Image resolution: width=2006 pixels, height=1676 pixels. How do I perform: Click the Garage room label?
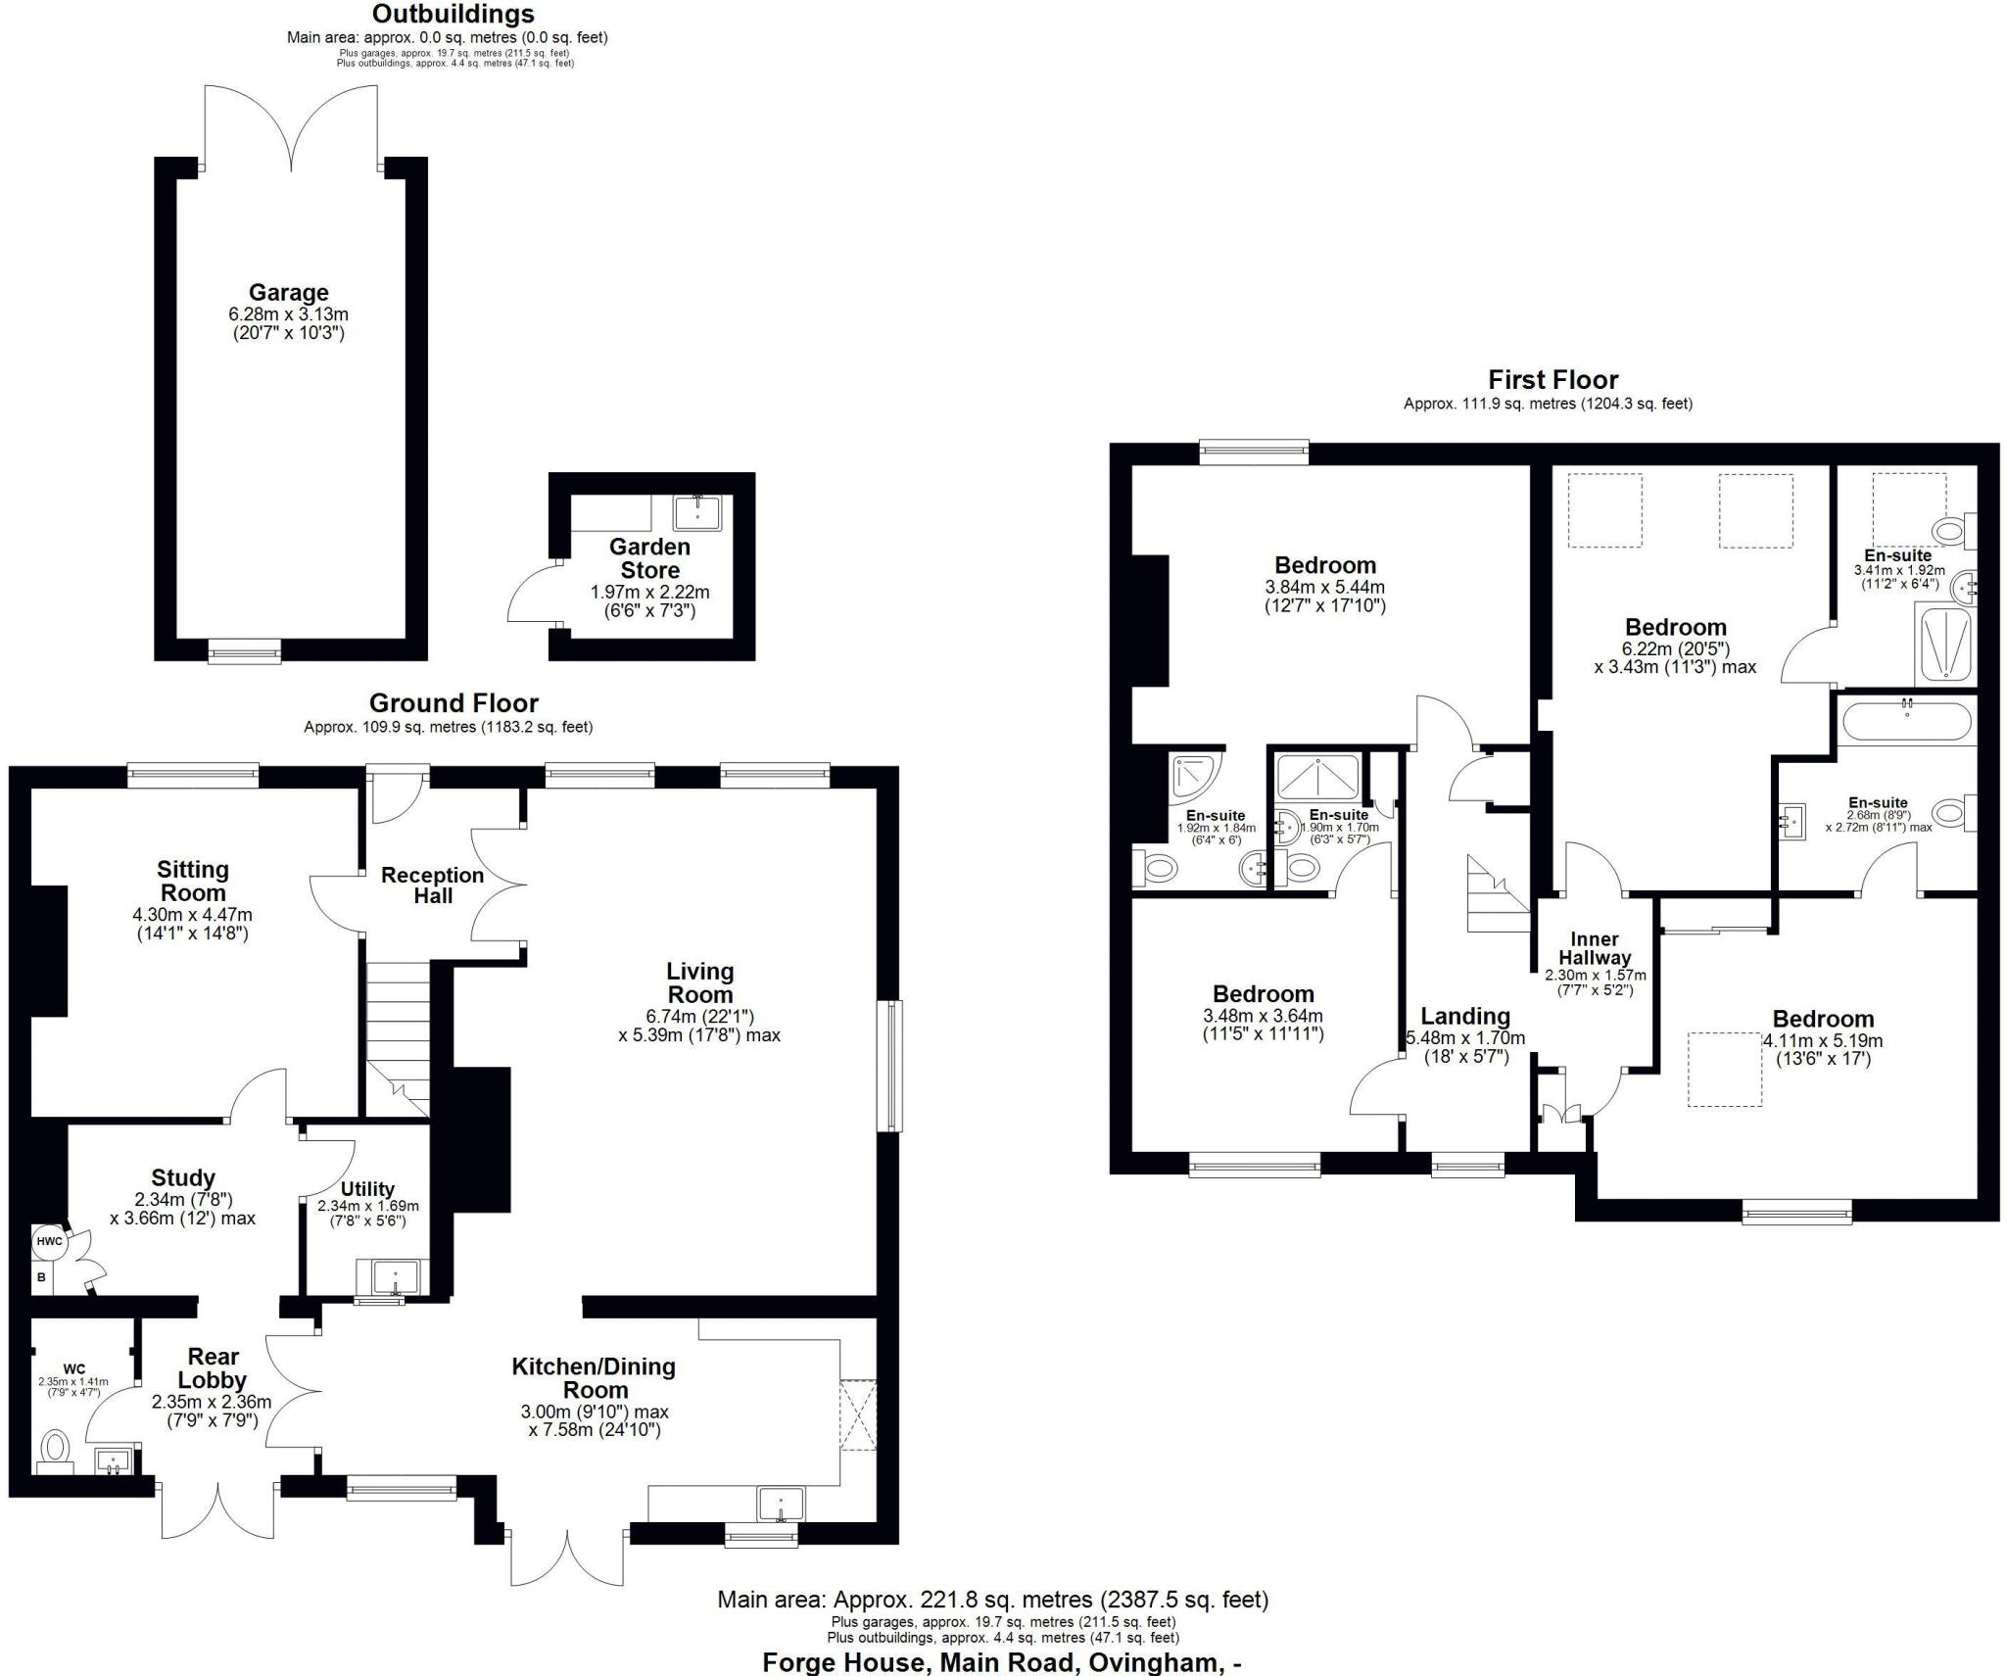[x=288, y=292]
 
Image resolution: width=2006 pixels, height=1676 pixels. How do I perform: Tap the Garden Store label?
[x=649, y=558]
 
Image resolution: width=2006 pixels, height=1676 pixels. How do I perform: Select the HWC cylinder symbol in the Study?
[x=49, y=1242]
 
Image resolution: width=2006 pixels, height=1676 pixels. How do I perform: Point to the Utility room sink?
[x=395, y=1278]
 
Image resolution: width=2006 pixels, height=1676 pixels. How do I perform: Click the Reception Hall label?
[x=432, y=886]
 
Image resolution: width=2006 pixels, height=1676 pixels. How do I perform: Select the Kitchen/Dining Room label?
[x=594, y=1378]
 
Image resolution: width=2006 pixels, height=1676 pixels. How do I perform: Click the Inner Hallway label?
[x=1595, y=948]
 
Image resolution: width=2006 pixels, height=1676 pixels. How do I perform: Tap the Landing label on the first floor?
[x=1465, y=1017]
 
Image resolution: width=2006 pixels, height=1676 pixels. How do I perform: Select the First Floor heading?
[x=1552, y=380]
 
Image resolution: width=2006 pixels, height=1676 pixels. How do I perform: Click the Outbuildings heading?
[x=454, y=14]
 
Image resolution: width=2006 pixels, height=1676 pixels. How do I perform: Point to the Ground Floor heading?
[x=454, y=703]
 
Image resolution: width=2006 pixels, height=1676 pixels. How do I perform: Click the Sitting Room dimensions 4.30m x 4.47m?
[x=193, y=915]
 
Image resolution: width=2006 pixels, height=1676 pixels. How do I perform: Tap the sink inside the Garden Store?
[x=697, y=513]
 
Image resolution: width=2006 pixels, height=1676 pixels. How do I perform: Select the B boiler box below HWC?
[x=42, y=1278]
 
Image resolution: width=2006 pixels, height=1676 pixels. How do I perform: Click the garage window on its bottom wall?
[x=245, y=650]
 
